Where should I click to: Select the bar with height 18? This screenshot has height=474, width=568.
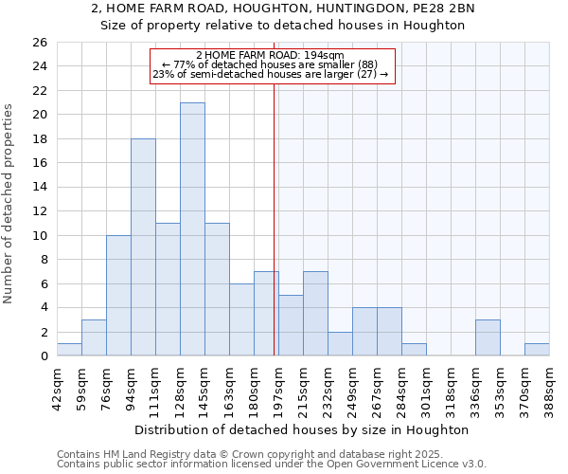click(x=143, y=247)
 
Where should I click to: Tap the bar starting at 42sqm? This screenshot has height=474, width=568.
click(x=69, y=350)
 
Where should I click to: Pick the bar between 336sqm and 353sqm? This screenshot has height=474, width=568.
click(x=488, y=338)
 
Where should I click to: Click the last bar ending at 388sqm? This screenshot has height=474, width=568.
click(x=537, y=350)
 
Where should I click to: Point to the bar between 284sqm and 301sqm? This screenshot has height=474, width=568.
click(x=414, y=350)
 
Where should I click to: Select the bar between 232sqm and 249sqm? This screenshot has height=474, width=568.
click(x=340, y=344)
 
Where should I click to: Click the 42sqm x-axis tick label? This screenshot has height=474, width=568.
click(x=57, y=386)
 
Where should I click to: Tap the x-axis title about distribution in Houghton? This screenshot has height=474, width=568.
click(x=303, y=429)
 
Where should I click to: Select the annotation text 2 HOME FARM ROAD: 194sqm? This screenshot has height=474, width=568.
click(x=271, y=56)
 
